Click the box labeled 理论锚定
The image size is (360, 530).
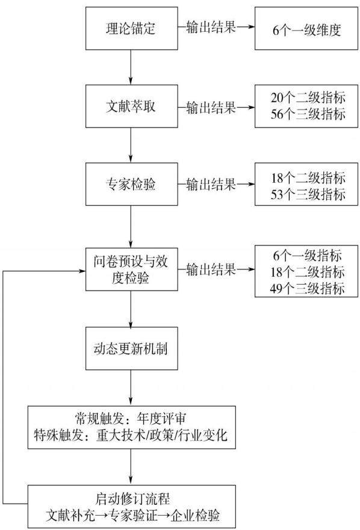click(132, 28)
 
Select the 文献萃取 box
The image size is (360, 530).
click(132, 106)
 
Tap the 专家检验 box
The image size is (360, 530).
click(132, 184)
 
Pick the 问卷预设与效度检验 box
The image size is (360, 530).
click(132, 270)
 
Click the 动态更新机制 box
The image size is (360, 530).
click(132, 348)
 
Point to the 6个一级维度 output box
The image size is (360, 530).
click(306, 28)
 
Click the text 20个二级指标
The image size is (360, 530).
click(308, 98)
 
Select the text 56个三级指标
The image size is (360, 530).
click(308, 114)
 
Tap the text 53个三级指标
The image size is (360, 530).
click(308, 194)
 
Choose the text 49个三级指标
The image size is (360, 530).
click(307, 289)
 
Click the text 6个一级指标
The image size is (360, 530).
click(307, 256)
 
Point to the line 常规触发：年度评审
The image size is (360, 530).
click(130, 419)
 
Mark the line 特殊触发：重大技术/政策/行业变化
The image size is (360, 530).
click(131, 435)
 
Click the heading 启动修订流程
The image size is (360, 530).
click(132, 499)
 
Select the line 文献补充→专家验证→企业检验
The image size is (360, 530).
click(132, 515)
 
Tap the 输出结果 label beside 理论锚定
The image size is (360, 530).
click(211, 26)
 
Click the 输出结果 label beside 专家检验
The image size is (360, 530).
click(211, 184)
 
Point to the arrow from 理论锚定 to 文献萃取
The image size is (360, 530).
click(131, 67)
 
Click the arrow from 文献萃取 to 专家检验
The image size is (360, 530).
click(131, 146)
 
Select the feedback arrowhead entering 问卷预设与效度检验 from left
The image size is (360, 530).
click(82, 271)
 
